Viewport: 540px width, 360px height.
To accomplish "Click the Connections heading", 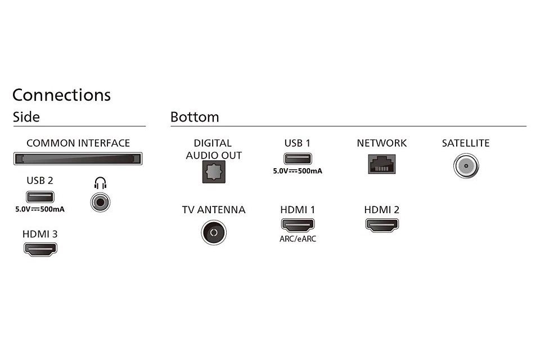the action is click(x=62, y=94).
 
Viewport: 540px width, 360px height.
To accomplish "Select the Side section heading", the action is click(x=26, y=117).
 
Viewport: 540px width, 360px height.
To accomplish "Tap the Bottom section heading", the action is click(x=195, y=117).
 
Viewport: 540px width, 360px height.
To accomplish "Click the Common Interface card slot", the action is click(x=78, y=159).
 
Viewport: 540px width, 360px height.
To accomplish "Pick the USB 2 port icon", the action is click(x=40, y=197).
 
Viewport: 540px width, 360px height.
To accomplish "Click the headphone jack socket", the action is click(x=100, y=202).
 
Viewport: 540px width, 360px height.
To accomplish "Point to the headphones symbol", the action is click(x=100, y=183).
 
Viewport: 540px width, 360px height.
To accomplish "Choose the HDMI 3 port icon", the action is click(x=40, y=249).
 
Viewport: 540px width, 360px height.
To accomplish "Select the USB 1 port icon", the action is click(x=298, y=159).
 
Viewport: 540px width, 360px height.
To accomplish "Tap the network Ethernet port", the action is click(x=382, y=164).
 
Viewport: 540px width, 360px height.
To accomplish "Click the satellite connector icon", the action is click(x=466, y=166).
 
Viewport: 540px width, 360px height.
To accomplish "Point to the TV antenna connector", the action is click(x=214, y=232).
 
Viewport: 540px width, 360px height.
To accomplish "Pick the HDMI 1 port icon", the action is click(x=298, y=225).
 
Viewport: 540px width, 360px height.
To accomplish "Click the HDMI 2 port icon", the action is click(x=382, y=225).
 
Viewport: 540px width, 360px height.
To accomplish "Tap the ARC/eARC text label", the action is click(x=298, y=238).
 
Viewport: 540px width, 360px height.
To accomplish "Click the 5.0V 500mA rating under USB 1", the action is click(x=298, y=171).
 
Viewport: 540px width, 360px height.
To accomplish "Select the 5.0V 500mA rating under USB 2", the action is click(x=40, y=209).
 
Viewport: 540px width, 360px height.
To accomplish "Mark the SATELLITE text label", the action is click(x=466, y=143).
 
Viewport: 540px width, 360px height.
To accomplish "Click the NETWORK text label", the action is click(x=381, y=143).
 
